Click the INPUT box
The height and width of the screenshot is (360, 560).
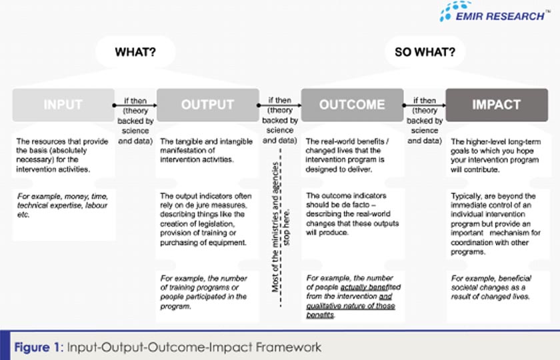coord(63,105)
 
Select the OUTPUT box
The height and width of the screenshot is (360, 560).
coord(208,105)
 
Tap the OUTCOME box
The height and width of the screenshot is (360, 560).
coord(352,105)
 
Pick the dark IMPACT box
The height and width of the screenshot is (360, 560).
coord(496,105)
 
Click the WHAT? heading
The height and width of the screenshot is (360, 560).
coord(136,51)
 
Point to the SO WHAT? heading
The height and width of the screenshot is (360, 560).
coord(424,51)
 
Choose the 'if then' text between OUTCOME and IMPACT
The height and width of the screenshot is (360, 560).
coord(424,102)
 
